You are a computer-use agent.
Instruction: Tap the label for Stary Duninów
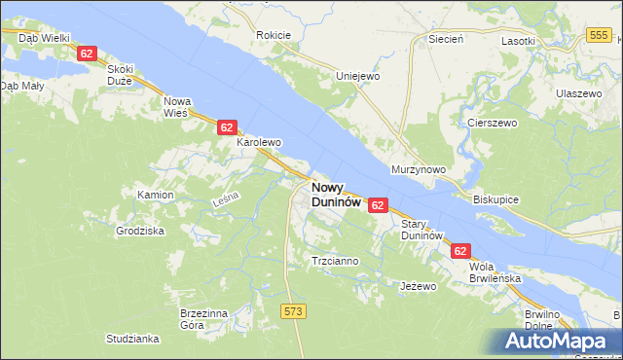coord(422,230)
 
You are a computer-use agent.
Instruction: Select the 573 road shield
coord(294,310)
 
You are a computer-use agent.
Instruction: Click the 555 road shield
coord(600,35)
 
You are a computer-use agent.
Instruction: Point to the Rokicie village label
coord(274,35)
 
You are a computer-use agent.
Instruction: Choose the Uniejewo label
coord(357,76)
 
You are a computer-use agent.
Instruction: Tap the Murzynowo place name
coord(418,169)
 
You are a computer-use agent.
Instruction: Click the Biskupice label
coord(496,198)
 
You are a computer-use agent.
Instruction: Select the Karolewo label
coord(259,142)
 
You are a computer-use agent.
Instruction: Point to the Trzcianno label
coord(335,261)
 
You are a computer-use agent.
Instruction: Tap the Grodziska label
coord(140,232)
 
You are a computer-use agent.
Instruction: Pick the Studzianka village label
coord(132,339)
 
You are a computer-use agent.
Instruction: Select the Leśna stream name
coord(225,202)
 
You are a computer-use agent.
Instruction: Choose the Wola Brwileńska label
coord(495,271)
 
